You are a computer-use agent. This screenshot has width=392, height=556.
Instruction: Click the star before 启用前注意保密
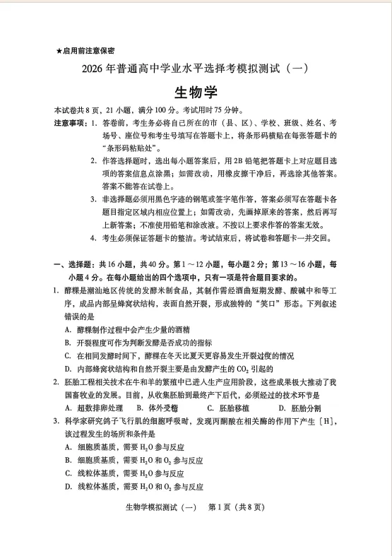click(x=59, y=52)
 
